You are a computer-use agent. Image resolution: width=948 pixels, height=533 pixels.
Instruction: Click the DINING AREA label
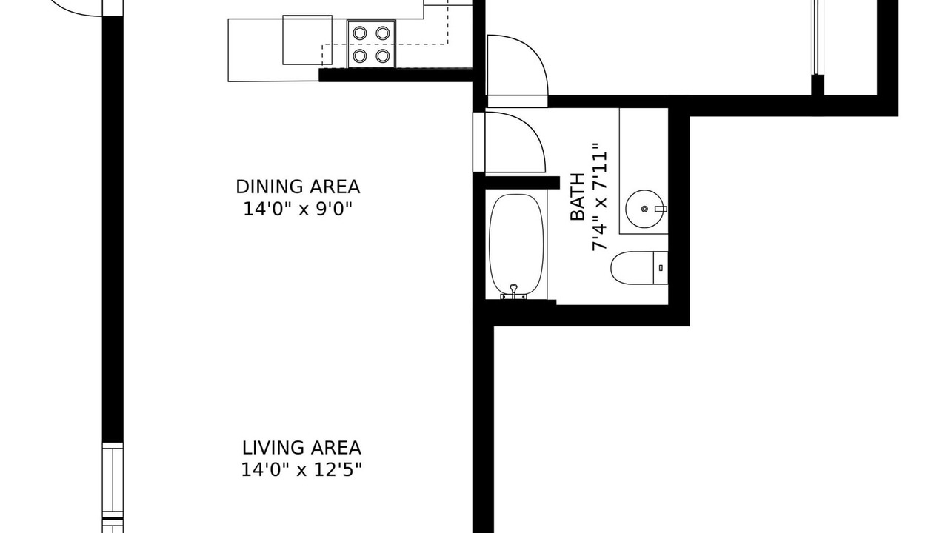click(x=298, y=187)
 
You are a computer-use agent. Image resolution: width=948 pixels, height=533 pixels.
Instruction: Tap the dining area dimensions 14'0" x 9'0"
click(x=298, y=209)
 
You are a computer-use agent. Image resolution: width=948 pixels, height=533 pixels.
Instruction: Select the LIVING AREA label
click(x=301, y=448)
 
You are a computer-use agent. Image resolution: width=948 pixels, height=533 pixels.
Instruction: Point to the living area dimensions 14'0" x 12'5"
click(x=301, y=470)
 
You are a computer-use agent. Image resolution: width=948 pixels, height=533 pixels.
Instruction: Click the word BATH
click(x=577, y=197)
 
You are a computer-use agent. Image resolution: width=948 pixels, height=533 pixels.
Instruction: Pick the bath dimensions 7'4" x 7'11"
click(x=599, y=197)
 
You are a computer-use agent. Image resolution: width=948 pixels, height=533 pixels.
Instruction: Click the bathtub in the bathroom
click(x=516, y=244)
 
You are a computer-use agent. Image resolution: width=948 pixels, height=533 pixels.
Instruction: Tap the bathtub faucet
click(x=514, y=292)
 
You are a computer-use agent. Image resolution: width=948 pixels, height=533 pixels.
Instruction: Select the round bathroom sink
click(x=644, y=209)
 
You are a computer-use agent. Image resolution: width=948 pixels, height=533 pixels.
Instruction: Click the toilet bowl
click(x=632, y=268)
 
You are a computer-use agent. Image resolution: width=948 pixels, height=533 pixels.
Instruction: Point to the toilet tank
click(x=661, y=268)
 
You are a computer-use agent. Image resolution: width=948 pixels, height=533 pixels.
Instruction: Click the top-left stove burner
click(x=360, y=33)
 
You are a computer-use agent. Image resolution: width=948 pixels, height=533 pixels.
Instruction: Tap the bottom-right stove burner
click(x=383, y=56)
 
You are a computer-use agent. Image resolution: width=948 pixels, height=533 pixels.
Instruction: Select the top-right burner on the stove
click(x=383, y=33)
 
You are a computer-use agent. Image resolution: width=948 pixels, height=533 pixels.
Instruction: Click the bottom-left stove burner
click(x=360, y=56)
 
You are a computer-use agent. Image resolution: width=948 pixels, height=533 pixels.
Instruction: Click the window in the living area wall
click(x=113, y=487)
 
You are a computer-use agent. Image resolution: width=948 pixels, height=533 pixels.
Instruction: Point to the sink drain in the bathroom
click(x=644, y=209)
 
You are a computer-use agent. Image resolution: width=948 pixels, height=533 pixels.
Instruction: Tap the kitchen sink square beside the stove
click(x=307, y=40)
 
